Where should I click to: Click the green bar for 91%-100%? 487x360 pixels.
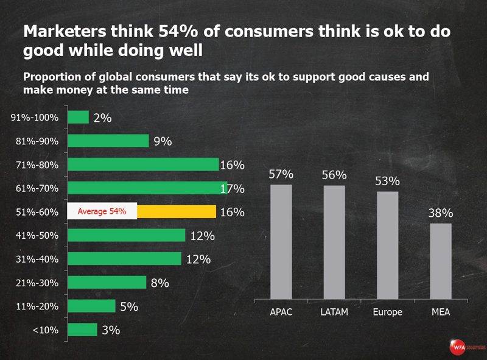click(x=78, y=118)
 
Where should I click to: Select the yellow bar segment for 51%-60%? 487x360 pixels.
click(x=177, y=211)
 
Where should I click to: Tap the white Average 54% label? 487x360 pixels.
click(x=102, y=211)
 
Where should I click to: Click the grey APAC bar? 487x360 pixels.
click(x=281, y=242)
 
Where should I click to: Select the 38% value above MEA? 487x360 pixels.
click(x=440, y=213)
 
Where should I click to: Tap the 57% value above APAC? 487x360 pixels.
click(x=281, y=174)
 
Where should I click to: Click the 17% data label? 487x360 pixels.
click(x=232, y=189)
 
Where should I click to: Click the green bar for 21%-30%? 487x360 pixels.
click(x=107, y=282)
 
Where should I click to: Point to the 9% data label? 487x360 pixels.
click(x=163, y=141)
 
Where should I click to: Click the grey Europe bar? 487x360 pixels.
click(x=387, y=245)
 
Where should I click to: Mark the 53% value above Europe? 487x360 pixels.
click(x=387, y=181)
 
